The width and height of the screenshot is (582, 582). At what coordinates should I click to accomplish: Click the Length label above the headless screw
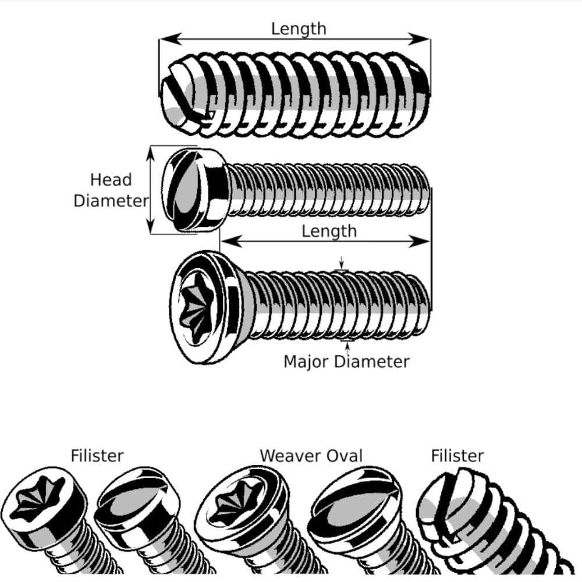[298, 29]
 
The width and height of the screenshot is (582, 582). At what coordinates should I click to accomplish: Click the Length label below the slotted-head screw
[329, 231]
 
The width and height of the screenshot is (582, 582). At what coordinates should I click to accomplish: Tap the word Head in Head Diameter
[111, 180]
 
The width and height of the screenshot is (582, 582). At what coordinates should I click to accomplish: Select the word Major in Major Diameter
[307, 361]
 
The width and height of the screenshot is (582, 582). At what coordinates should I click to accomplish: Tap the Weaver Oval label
[311, 455]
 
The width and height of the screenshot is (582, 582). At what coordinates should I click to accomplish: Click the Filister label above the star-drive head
[97, 455]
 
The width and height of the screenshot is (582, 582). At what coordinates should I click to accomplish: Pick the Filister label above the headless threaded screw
[457, 455]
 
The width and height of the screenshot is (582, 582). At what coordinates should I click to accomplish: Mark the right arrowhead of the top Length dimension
[423, 39]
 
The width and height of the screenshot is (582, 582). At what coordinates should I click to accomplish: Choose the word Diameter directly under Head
[111, 201]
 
